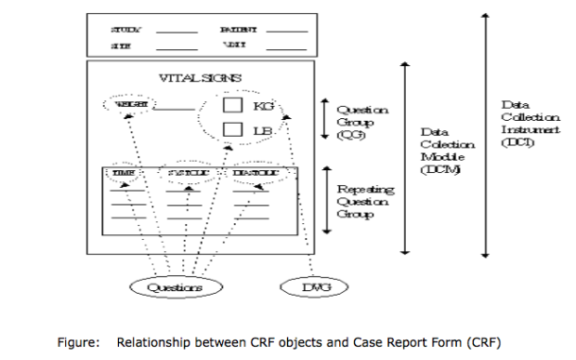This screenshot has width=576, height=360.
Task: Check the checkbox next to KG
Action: pos(231,105)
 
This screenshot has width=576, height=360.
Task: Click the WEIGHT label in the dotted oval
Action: pos(129,106)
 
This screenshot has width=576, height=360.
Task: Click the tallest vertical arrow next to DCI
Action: pos(485,132)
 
